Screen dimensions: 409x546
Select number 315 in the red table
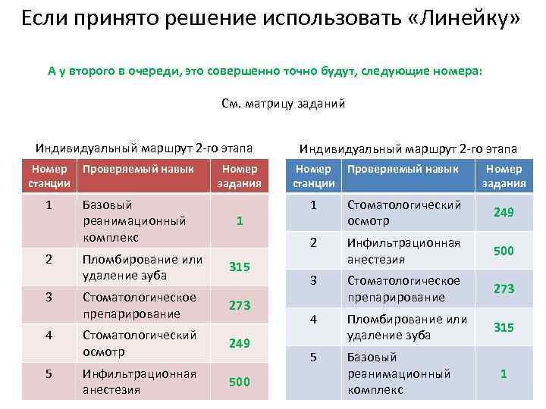click(239, 267)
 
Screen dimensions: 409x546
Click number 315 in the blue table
click(504, 327)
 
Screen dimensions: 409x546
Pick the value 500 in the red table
click(239, 382)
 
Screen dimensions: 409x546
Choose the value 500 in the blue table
click(504, 250)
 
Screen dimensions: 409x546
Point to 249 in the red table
click(239, 343)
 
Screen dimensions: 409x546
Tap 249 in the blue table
click(504, 213)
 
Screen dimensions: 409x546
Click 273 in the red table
click(239, 305)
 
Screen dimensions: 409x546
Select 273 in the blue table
click(504, 289)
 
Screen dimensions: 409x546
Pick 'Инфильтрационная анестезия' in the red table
click(139, 382)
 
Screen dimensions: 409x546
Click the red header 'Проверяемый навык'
click(138, 169)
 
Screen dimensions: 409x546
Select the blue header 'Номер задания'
click(504, 176)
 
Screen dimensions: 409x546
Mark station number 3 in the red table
click(49, 297)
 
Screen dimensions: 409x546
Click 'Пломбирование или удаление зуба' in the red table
click(142, 267)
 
